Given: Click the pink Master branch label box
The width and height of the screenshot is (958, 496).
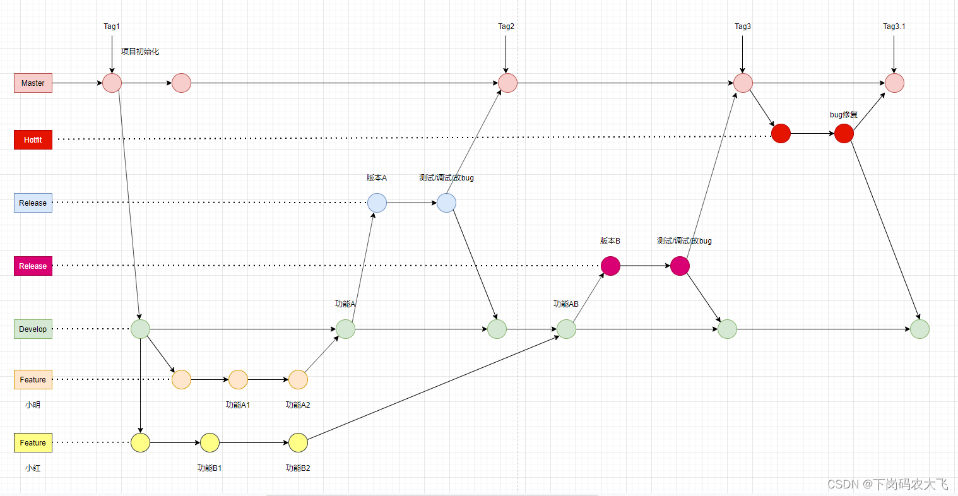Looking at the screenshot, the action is tap(33, 83).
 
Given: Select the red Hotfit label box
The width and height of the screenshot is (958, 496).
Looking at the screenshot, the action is tap(33, 139).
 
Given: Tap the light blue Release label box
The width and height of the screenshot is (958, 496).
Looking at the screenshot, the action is tap(33, 203).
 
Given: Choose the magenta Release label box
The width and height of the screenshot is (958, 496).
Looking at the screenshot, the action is tap(33, 266).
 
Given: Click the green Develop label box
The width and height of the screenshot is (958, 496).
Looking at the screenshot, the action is tap(33, 329).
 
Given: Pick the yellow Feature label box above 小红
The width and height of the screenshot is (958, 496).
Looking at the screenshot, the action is tap(33, 442).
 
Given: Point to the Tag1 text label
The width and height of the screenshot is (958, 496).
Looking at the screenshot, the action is tap(112, 27).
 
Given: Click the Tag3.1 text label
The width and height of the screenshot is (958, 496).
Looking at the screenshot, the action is tap(894, 27).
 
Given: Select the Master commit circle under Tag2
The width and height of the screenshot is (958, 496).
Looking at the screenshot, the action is tap(507, 83).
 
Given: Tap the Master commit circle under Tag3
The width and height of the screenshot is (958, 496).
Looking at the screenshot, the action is tap(743, 83).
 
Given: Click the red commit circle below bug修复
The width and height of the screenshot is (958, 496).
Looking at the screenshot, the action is tap(844, 133).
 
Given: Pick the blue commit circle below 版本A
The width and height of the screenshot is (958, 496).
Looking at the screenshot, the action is tap(377, 203).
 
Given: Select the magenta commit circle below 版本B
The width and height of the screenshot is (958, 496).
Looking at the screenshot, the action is tap(610, 266).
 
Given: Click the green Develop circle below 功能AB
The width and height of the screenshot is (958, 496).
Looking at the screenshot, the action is tap(566, 329).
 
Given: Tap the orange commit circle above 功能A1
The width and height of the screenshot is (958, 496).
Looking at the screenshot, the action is tap(238, 379).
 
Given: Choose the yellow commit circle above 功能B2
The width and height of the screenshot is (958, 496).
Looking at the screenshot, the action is tap(298, 442).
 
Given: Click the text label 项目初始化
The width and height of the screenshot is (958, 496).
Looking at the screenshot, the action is tap(140, 52).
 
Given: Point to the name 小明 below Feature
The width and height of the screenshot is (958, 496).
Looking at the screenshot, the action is tap(33, 405).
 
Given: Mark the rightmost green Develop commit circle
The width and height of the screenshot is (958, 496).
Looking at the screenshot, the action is tap(920, 329).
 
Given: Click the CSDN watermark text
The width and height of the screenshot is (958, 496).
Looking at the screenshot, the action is tap(887, 484).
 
